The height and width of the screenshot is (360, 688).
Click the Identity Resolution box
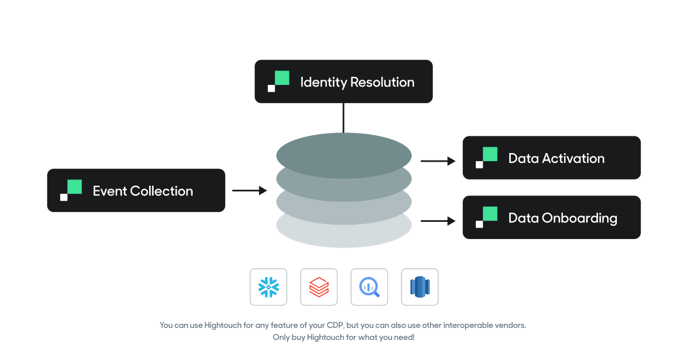click(343, 81)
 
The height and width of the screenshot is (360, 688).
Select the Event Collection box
click(136, 190)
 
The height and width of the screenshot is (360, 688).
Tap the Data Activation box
click(551, 158)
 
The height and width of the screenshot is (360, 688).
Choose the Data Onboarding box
click(551, 217)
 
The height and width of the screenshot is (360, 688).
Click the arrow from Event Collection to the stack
click(249, 190)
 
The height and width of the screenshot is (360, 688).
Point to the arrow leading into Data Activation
click(437, 161)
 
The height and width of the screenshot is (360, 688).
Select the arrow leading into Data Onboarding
click(437, 221)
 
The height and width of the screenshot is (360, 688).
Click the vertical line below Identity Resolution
click(343, 118)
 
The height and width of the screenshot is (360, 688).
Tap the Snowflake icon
click(268, 287)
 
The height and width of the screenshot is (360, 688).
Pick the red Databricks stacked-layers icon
click(319, 287)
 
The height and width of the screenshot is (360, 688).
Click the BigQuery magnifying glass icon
click(369, 287)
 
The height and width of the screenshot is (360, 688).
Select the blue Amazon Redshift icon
click(420, 287)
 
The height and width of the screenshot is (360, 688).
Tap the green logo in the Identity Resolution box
click(279, 81)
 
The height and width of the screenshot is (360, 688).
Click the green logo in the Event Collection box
click(72, 190)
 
